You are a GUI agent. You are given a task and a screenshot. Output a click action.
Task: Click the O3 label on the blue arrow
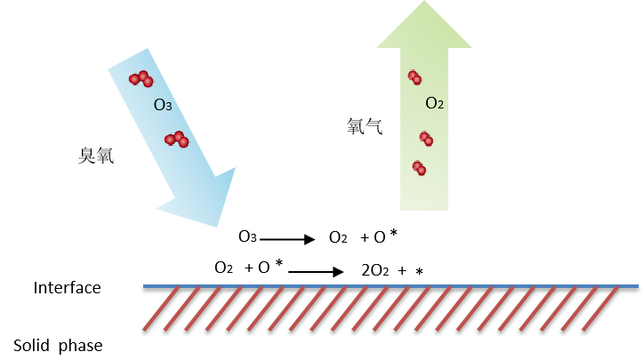pyautogui.click(x=162, y=105)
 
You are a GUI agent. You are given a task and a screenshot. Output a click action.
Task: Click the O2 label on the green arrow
pyautogui.click(x=434, y=103)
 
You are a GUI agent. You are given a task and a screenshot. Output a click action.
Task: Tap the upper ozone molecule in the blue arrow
pyautogui.click(x=141, y=79)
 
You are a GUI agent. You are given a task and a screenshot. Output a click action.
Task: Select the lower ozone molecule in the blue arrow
pyautogui.click(x=176, y=139)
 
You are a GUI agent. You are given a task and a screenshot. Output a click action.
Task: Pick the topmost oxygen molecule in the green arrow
pyautogui.click(x=415, y=77)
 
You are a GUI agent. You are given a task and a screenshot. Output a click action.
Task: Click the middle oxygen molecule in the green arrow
pyautogui.click(x=426, y=139)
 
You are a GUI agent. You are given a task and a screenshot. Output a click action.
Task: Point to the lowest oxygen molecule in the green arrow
pyautogui.click(x=419, y=167)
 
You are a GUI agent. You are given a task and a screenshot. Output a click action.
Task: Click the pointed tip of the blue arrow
pyautogui.click(x=216, y=226)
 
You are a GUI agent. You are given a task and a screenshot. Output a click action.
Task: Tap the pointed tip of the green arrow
pyautogui.click(x=424, y=3)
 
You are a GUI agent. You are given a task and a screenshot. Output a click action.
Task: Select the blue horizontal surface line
pyautogui.click(x=391, y=286)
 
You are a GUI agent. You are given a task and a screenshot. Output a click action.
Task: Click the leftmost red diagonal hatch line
pyautogui.click(x=159, y=308)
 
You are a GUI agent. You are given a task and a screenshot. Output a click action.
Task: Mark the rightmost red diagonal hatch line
pyautogui.click(x=601, y=308)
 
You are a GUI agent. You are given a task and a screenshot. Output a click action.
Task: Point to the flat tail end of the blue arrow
pyautogui.click(x=128, y=58)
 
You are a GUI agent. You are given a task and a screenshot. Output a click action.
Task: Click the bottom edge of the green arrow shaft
pyautogui.click(x=424, y=210)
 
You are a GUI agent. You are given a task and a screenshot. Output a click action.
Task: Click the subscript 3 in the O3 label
pyautogui.click(x=168, y=108)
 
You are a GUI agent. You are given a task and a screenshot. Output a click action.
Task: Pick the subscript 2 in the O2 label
pyautogui.click(x=440, y=106)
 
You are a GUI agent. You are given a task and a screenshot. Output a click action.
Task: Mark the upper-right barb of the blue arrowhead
pyautogui.click(x=235, y=168)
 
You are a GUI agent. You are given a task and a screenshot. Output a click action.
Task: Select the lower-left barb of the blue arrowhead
pyautogui.click(x=158, y=209)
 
